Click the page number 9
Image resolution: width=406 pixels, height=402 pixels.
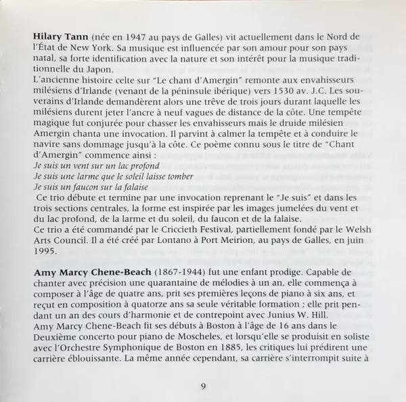pos(202,386)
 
